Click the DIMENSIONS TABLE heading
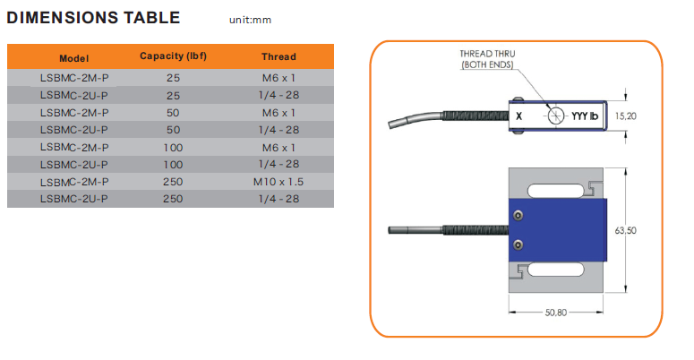pos(93,17)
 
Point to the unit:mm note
pos(251,20)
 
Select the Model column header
pos(74,56)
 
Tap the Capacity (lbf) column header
pos(174,56)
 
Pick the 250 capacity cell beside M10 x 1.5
pos(174,182)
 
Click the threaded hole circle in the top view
pos(557,116)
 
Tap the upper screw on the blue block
pos(518,216)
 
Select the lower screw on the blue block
pos(518,244)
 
